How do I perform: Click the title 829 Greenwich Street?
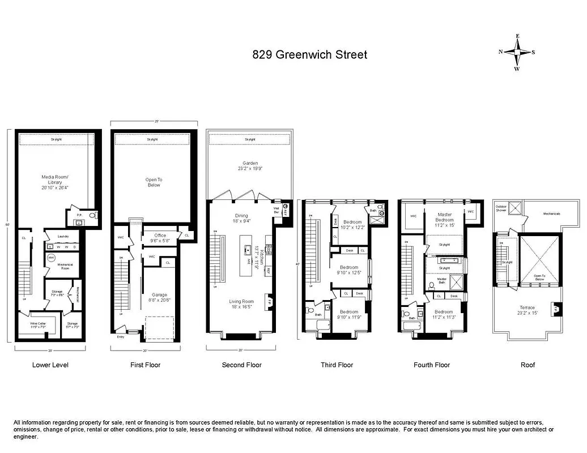pyautogui.click(x=310, y=55)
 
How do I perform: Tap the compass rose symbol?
pyautogui.click(x=517, y=52)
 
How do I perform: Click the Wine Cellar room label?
pyautogui.click(x=38, y=325)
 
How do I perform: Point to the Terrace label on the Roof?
pyautogui.click(x=528, y=309)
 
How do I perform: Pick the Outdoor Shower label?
pyautogui.click(x=501, y=208)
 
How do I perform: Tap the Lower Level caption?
pyautogui.click(x=50, y=365)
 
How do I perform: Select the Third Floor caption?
pyautogui.click(x=337, y=365)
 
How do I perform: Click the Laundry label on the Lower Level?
pyautogui.click(x=63, y=238)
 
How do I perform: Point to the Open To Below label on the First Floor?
pyautogui.click(x=154, y=182)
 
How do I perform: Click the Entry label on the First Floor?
pyautogui.click(x=120, y=337)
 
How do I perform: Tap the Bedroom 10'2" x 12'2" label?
pyautogui.click(x=352, y=224)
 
